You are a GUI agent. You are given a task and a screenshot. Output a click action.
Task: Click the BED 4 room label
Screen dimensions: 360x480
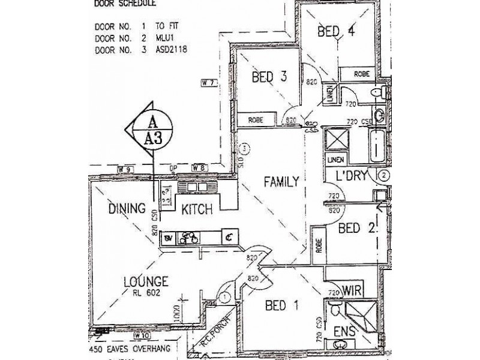tap(336, 32)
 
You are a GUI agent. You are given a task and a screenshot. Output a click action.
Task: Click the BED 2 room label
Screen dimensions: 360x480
tap(357, 228)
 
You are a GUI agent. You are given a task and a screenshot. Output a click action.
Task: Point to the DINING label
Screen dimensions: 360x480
tap(128, 209)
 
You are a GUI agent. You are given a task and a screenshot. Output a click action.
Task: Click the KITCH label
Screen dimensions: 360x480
tap(197, 209)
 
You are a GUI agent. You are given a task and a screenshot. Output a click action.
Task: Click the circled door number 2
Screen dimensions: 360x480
tap(385, 176)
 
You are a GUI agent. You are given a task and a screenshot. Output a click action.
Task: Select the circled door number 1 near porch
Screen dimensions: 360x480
tap(224, 296)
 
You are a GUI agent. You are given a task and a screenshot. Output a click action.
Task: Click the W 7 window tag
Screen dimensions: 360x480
tap(208, 83)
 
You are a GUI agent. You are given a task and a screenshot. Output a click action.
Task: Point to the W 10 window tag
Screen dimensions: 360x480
tap(142, 335)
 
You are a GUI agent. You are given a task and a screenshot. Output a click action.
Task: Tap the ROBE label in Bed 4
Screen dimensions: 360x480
tap(361, 74)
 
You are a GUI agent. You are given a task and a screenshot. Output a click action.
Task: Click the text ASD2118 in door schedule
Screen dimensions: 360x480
tap(173, 50)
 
